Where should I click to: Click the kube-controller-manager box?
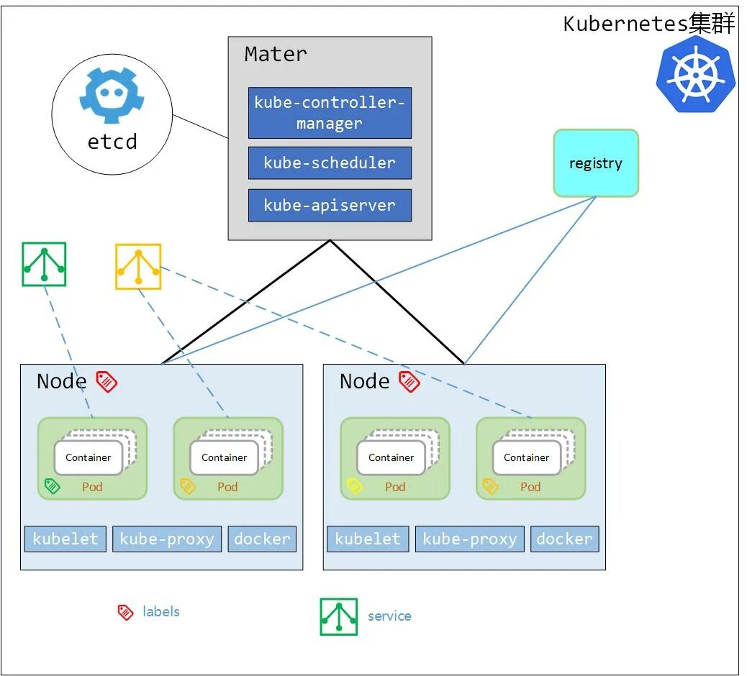pos(330,113)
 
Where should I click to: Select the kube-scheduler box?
pos(330,163)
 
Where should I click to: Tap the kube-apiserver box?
pos(330,206)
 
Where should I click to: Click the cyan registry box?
pos(595,163)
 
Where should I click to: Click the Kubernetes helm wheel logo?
pos(695,76)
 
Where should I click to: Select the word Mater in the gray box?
pos(276,55)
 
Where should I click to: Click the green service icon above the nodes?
pos(44,264)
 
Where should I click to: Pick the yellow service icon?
pos(138,267)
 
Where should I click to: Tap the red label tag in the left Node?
pos(107,381)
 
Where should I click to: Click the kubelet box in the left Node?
pos(65,539)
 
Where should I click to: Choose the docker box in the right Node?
pos(564,539)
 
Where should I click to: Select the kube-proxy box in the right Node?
pos(469,539)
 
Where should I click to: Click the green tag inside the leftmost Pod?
pos(52,486)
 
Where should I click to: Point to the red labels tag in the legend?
pos(125,612)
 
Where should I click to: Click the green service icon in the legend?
pos(339,616)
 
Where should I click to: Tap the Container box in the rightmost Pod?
pos(527,458)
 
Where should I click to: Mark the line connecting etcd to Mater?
pos(200,127)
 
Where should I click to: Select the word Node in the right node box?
pos(364,381)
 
